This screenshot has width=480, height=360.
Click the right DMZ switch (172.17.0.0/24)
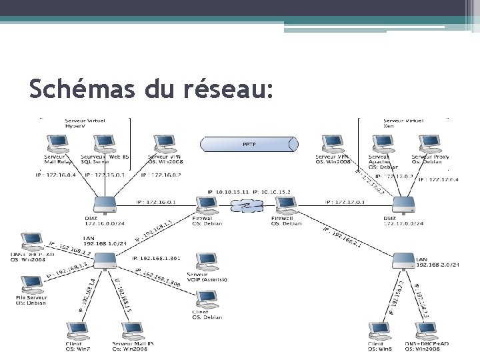pyautogui.click(x=403, y=203)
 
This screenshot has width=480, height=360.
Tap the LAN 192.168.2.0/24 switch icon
pyautogui.click(x=405, y=260)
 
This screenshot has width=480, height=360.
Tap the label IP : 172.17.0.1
pyautogui.click(x=343, y=201)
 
